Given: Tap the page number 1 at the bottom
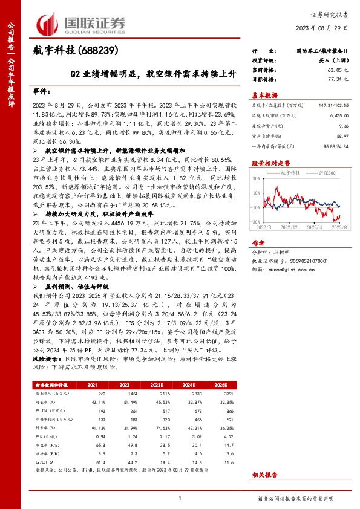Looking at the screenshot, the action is [180, 498].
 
